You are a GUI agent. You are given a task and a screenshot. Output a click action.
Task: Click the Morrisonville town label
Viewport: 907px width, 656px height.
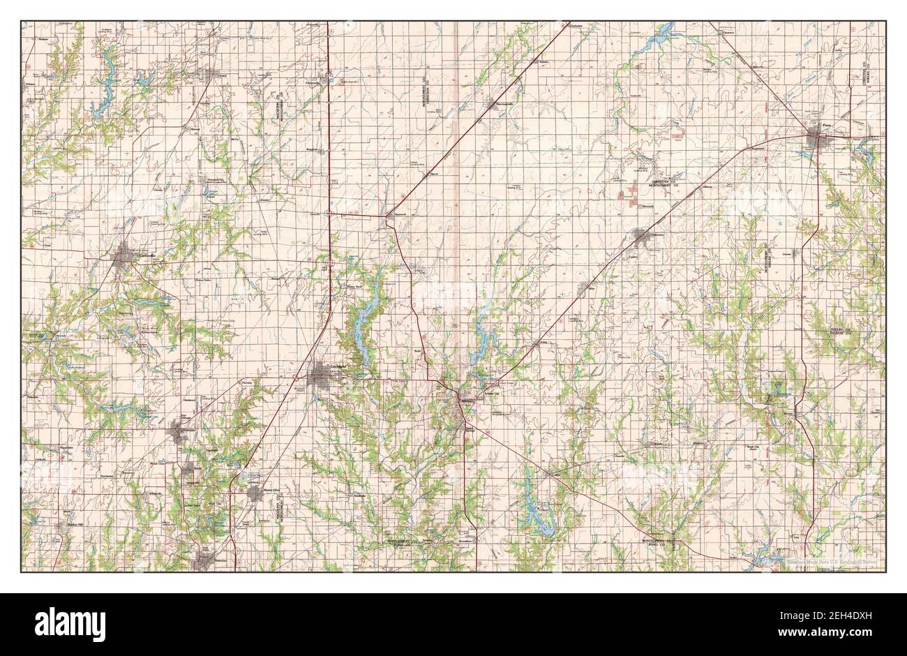504,105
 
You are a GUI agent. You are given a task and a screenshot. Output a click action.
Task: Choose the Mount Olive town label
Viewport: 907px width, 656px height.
269,491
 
